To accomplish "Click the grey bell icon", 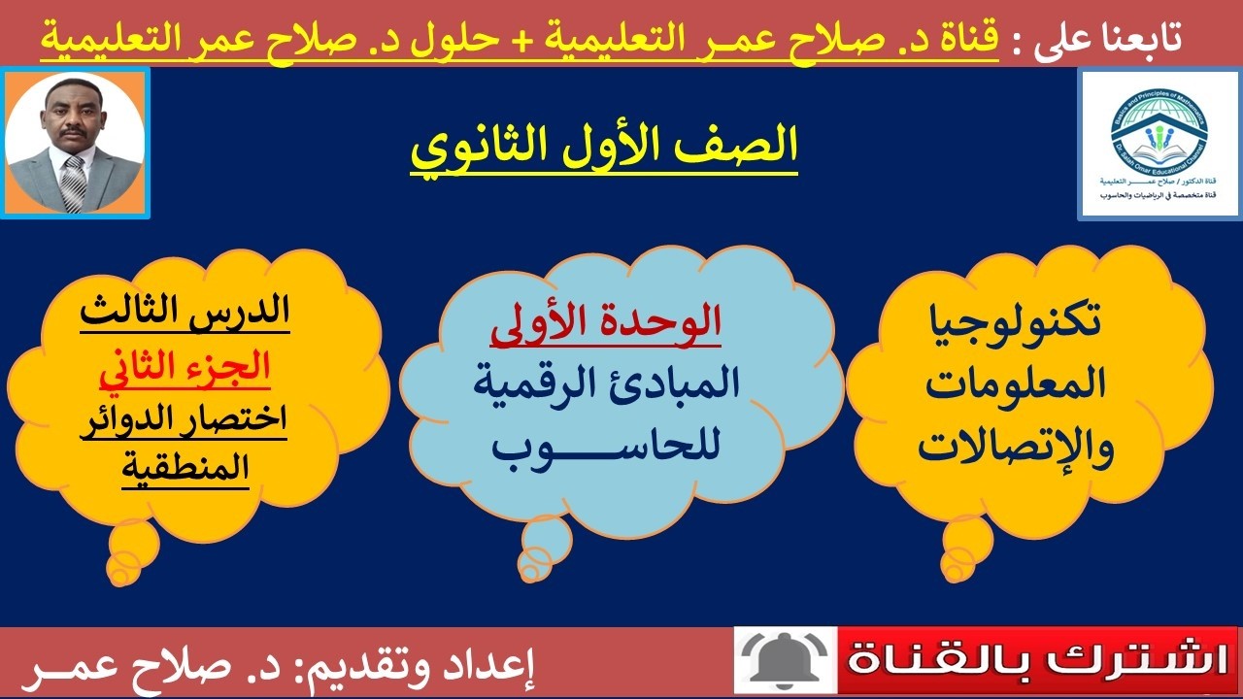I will coord(784,660).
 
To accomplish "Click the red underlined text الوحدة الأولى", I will coord(605,325).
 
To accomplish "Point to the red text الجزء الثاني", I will coord(185,369).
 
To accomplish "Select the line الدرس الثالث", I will coord(185,314).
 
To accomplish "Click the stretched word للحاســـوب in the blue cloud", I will coord(605,447).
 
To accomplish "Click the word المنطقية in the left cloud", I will coord(185,468).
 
